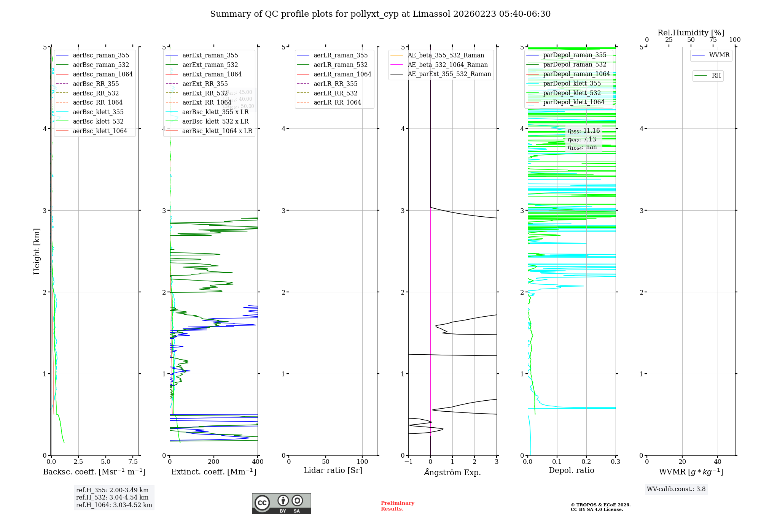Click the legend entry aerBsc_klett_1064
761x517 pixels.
click(x=100, y=131)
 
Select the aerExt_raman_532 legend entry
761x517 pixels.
click(x=210, y=65)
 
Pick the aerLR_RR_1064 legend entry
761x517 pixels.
click(x=337, y=102)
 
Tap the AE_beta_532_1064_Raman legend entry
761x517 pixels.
click(x=447, y=65)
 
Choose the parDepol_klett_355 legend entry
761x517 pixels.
click(x=572, y=83)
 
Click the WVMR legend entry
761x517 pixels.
click(x=719, y=55)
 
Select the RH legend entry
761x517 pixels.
click(x=716, y=76)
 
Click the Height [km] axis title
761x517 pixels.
click(x=37, y=251)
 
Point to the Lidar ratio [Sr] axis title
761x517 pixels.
click(x=333, y=470)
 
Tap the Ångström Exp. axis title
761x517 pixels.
click(x=452, y=472)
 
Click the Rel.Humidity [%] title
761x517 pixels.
click(x=691, y=33)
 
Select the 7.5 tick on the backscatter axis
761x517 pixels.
click(x=133, y=461)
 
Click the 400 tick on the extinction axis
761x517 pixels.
click(x=258, y=461)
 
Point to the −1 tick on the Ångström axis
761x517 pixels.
click(x=408, y=461)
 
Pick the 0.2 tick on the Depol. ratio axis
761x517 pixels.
click(x=586, y=461)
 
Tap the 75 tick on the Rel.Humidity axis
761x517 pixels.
click(x=713, y=40)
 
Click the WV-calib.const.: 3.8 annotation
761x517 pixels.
click(x=676, y=489)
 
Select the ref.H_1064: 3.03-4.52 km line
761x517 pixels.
click(x=114, y=505)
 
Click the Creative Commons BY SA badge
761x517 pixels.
click(x=281, y=504)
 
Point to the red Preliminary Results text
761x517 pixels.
click(x=397, y=506)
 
